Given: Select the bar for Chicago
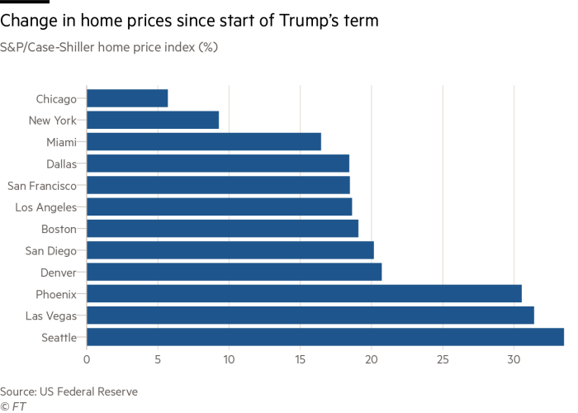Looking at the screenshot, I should click(x=127, y=98).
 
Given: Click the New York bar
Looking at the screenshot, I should click(x=153, y=120).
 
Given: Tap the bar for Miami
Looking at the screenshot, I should click(x=204, y=141).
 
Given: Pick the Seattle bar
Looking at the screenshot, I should click(x=325, y=336).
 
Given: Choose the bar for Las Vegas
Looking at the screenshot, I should click(x=310, y=315).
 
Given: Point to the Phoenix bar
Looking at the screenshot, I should click(x=304, y=293).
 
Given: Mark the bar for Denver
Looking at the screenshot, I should click(x=235, y=272).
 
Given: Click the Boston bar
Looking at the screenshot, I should click(x=223, y=228).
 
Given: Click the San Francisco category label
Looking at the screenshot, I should click(x=41, y=185).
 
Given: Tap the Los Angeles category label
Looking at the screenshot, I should click(x=46, y=206).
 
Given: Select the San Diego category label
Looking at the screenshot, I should click(x=51, y=250).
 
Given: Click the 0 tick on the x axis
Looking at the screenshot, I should click(x=87, y=359).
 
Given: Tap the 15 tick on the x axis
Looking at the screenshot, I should click(x=301, y=359).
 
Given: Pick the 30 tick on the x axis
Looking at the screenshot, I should click(x=514, y=359).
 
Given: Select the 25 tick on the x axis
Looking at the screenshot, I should click(x=443, y=359).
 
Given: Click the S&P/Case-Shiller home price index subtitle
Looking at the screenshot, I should click(x=109, y=47).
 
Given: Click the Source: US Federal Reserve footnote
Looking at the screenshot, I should click(x=69, y=391).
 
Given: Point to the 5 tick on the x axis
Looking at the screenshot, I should click(x=158, y=359).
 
